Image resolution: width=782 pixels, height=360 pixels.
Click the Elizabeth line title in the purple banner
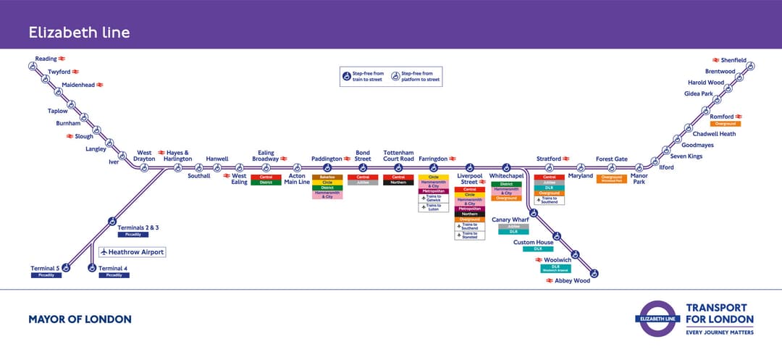click(x=79, y=32)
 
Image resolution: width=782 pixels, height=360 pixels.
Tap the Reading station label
click(x=45, y=59)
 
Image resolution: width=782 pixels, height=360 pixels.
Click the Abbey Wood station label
click(x=572, y=280)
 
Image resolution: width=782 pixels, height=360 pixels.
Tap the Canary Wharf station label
click(x=510, y=219)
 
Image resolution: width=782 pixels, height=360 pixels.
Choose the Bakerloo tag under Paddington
click(x=327, y=177)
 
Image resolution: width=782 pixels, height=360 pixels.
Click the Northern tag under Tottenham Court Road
click(x=398, y=183)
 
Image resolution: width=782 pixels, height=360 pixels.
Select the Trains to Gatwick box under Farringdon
click(x=434, y=198)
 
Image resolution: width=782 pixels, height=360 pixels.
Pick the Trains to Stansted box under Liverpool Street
click(x=470, y=235)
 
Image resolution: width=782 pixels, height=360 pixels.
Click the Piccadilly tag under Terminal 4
click(x=114, y=275)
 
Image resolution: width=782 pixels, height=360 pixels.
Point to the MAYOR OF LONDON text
click(x=80, y=319)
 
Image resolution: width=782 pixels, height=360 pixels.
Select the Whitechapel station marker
click(x=507, y=167)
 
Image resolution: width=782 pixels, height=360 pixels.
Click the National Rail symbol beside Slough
click(x=70, y=136)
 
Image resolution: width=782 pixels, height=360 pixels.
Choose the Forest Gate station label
click(x=611, y=159)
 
